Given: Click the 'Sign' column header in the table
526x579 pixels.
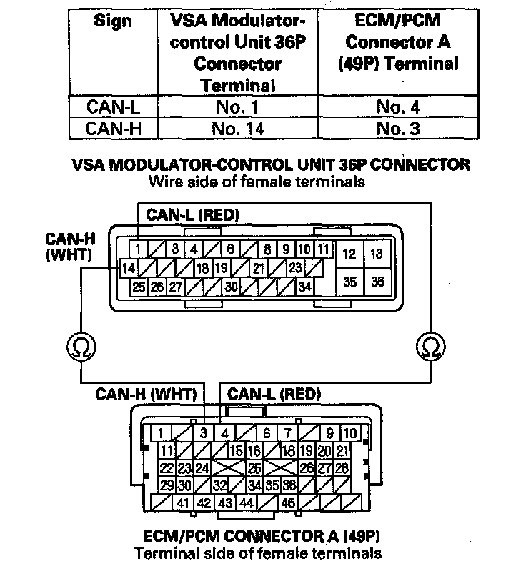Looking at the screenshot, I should click(x=113, y=21).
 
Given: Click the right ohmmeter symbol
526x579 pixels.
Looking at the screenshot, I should click(x=429, y=346).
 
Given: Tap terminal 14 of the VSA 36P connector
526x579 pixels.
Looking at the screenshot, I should click(x=129, y=269).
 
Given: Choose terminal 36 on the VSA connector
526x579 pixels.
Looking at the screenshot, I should click(x=377, y=282).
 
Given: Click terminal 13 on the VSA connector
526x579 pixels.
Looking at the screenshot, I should click(x=377, y=254).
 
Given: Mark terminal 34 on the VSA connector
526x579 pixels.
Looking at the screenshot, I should click(x=305, y=287).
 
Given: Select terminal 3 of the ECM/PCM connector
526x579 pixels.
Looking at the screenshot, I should click(x=204, y=433).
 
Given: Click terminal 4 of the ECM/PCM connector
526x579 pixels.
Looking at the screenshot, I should click(x=224, y=433).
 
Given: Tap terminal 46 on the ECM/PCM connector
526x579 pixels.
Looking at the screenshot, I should click(x=289, y=503).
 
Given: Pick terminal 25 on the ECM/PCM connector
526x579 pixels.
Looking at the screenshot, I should click(x=252, y=468).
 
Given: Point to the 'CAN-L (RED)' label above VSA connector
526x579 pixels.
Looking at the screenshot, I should click(x=193, y=214).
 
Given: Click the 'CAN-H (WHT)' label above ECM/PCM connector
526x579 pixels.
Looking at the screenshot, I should click(x=149, y=393).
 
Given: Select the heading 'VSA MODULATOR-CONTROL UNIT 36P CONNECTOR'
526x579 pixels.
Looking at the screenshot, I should click(x=271, y=165).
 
